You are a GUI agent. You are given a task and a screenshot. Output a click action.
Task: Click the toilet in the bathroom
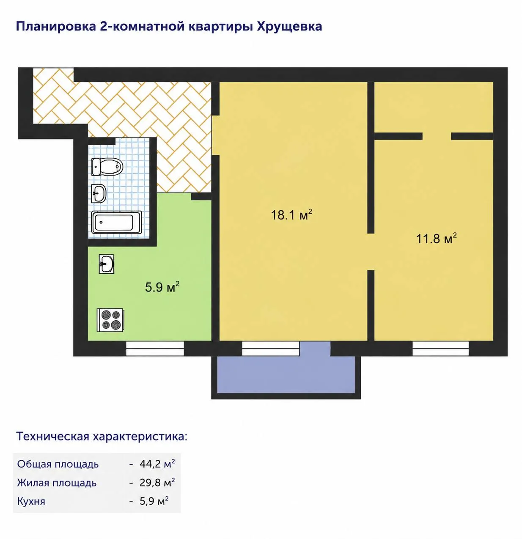click(107, 166)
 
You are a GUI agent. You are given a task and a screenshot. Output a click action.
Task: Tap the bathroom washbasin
click(99, 193)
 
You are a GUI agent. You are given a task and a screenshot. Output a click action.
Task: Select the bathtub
click(117, 223)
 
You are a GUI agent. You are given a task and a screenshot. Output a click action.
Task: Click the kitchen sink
click(107, 264)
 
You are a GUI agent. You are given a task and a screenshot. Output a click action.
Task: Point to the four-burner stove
click(110, 320)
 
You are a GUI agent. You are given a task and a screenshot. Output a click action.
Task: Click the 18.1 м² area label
click(291, 215)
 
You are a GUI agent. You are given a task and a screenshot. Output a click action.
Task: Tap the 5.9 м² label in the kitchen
click(162, 287)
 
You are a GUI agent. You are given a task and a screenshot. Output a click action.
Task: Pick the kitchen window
click(155, 349)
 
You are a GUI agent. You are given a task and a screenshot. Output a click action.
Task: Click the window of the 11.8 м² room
click(441, 349)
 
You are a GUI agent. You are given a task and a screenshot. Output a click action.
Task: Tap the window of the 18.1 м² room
click(271, 349)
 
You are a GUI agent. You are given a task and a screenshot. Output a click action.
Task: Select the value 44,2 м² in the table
click(157, 464)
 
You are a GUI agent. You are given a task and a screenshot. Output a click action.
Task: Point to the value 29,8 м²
click(157, 483)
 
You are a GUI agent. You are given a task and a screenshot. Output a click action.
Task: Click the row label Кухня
click(31, 502)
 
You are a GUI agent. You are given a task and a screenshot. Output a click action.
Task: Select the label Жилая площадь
click(57, 483)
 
